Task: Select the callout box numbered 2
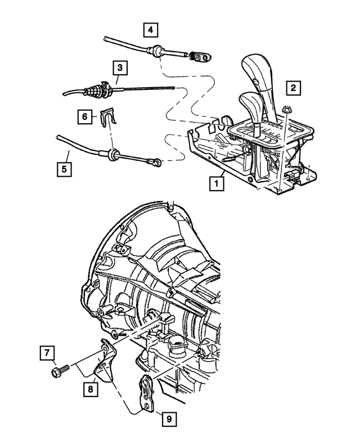point(292,88)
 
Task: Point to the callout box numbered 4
point(150,28)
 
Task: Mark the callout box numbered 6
point(85,116)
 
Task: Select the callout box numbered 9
point(167,418)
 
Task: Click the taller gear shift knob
point(262,70)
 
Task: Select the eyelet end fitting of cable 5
point(155,163)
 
